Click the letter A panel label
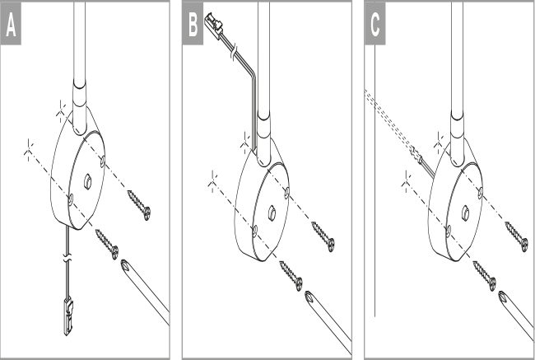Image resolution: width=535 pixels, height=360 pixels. tap(11, 26)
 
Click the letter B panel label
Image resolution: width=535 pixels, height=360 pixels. tap(193, 26)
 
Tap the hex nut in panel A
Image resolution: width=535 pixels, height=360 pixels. tap(88, 181)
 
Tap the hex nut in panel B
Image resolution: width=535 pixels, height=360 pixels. tap(272, 213)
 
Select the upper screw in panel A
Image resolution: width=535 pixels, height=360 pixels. tap(139, 205)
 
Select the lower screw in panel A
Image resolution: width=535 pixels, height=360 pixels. tap(107, 244)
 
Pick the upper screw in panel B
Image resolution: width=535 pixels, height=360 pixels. tap(323, 236)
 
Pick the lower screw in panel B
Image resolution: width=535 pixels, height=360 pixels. tap(291, 276)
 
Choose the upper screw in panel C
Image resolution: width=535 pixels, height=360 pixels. tap(516, 236)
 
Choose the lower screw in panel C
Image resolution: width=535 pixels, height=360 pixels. tap(485, 276)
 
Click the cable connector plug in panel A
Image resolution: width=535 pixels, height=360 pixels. tap(68, 316)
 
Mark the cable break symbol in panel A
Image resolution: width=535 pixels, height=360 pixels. tap(68, 258)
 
